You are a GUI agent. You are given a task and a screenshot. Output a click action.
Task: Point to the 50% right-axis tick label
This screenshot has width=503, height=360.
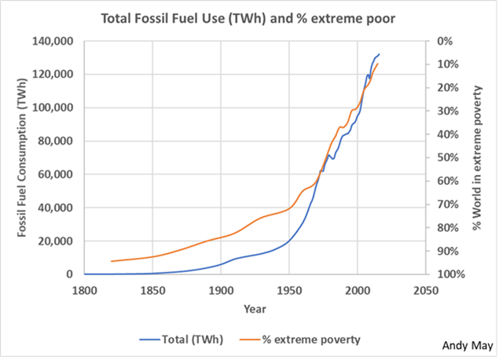coord(448,157)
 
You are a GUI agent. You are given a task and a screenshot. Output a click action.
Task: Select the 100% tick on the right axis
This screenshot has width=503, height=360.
coord(450,274)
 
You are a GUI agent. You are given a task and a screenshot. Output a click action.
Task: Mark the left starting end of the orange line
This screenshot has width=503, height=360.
coord(112,261)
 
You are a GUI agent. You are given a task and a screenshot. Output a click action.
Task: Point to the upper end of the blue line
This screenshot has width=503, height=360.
coord(379,55)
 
